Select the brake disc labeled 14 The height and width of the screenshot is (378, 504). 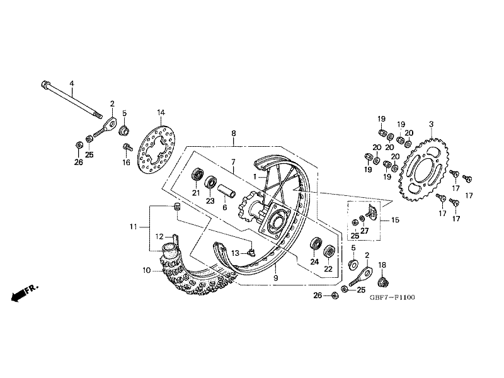pos(156,150)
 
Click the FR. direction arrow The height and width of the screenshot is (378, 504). pos(25,292)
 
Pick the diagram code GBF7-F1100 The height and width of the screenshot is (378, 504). pos(392,297)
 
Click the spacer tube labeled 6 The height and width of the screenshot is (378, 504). pos(227,192)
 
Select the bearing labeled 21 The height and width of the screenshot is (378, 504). pos(198,176)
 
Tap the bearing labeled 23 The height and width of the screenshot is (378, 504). pos(211,183)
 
